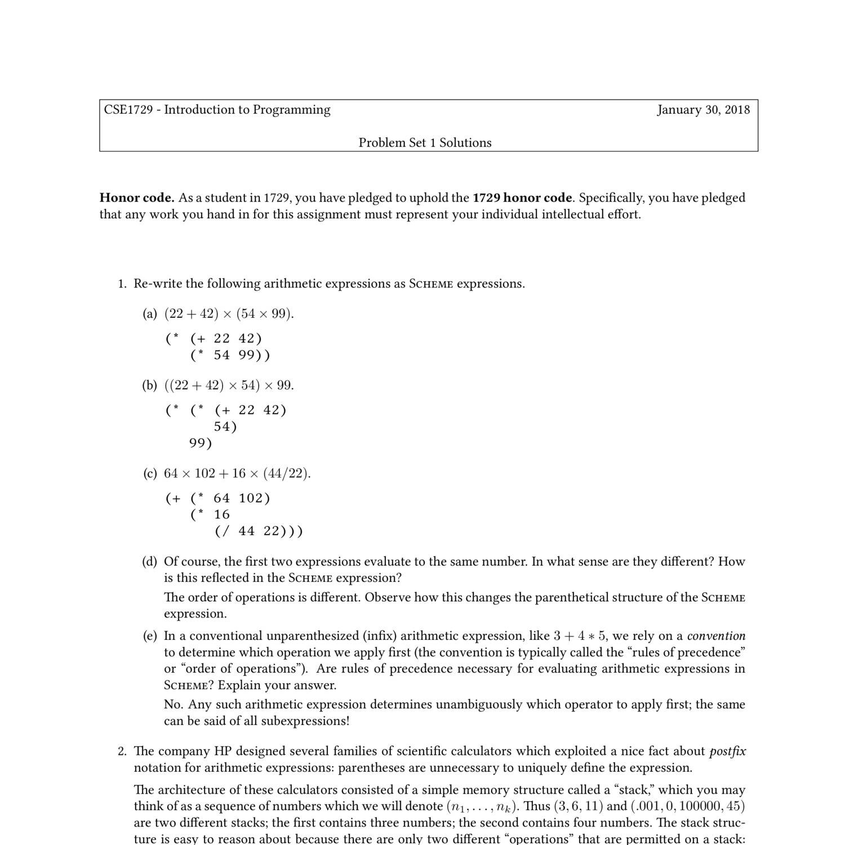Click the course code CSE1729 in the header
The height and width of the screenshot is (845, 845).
pos(128,110)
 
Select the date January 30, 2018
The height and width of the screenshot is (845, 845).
pos(703,110)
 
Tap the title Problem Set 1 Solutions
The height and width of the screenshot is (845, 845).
pos(425,143)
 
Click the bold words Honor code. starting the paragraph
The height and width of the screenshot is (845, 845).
pos(137,198)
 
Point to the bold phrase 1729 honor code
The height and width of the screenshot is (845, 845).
pos(522,198)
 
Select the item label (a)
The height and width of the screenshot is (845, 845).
pos(150,314)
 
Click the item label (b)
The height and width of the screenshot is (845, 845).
pos(150,385)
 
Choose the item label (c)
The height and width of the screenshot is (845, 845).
pos(150,473)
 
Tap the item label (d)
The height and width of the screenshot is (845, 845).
pos(150,562)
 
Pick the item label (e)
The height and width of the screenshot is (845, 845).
pos(150,636)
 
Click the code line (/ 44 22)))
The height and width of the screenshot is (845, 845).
pos(259,531)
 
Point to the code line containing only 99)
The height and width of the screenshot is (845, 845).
pos(201,443)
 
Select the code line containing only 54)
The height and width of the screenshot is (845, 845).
pos(225,427)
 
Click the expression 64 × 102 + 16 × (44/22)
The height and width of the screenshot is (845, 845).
pos(237,473)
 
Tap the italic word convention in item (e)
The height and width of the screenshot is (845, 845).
pos(716,636)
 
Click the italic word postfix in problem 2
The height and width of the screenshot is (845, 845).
pos(727,751)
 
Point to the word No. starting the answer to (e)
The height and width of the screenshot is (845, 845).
pos(174,705)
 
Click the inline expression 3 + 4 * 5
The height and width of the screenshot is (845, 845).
pos(580,636)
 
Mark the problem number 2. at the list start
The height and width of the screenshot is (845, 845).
pos(123,751)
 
